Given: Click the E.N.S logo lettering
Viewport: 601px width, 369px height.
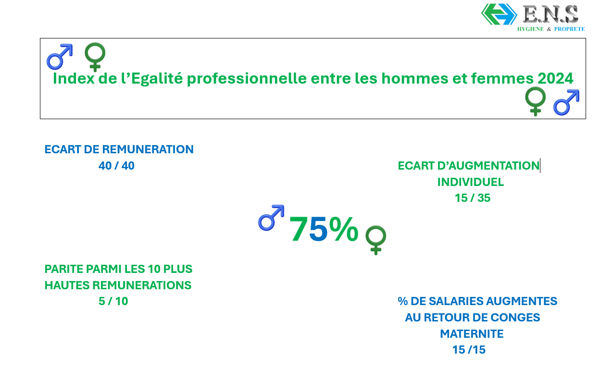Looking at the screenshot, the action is click(x=551, y=14).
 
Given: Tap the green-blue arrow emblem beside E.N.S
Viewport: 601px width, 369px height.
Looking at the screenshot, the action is click(x=499, y=14).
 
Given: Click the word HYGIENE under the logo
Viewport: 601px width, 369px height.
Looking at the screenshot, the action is click(x=530, y=29).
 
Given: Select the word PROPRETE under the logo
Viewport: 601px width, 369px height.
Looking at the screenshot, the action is click(x=570, y=29).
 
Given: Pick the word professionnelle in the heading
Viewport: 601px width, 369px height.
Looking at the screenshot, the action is click(x=247, y=79).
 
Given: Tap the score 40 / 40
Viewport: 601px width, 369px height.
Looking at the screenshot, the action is click(x=116, y=166).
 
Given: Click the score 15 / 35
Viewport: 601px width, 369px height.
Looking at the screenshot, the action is click(x=473, y=198).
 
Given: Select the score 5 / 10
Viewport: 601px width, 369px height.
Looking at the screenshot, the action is click(x=113, y=301).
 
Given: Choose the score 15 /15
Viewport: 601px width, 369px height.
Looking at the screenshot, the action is click(x=469, y=350).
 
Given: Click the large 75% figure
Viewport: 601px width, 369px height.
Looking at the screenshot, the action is click(x=324, y=229).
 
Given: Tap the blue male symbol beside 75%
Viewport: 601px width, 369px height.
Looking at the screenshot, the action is click(x=271, y=218).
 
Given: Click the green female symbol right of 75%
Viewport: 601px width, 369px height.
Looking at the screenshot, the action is click(x=376, y=240).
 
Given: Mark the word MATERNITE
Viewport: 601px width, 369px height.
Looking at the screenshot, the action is click(x=472, y=334).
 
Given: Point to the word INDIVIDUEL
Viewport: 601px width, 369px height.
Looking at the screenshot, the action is click(x=471, y=182).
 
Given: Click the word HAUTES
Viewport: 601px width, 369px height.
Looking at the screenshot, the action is click(x=67, y=285).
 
